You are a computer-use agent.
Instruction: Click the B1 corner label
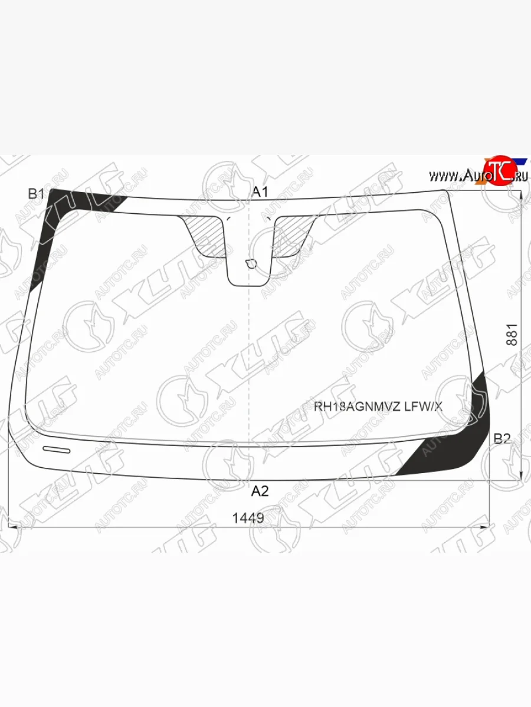coord(36,194)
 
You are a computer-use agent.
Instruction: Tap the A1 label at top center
coord(260,192)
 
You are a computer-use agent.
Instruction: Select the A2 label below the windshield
coord(260,491)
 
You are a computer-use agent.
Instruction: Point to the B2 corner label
coord(502,438)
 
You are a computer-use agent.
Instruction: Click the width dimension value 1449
coord(248,518)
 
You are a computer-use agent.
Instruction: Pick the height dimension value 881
coord(512,335)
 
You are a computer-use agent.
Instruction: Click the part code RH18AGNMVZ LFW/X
coord(378,407)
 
